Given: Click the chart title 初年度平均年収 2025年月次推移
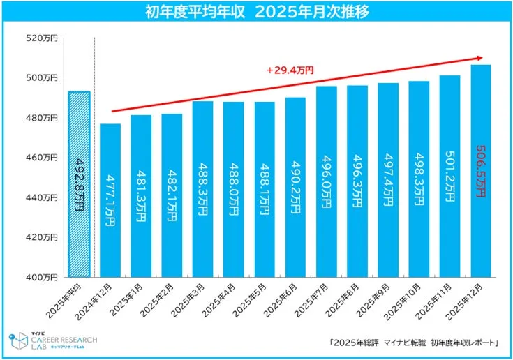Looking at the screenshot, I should click(256, 13).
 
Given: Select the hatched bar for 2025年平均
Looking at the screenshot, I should click(79, 185).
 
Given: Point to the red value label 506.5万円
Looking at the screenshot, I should click(482, 172).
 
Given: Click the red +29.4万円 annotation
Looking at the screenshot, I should click(290, 70).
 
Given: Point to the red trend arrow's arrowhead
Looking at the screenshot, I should click(480, 57).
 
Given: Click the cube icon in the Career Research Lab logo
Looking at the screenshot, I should click(17, 342).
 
